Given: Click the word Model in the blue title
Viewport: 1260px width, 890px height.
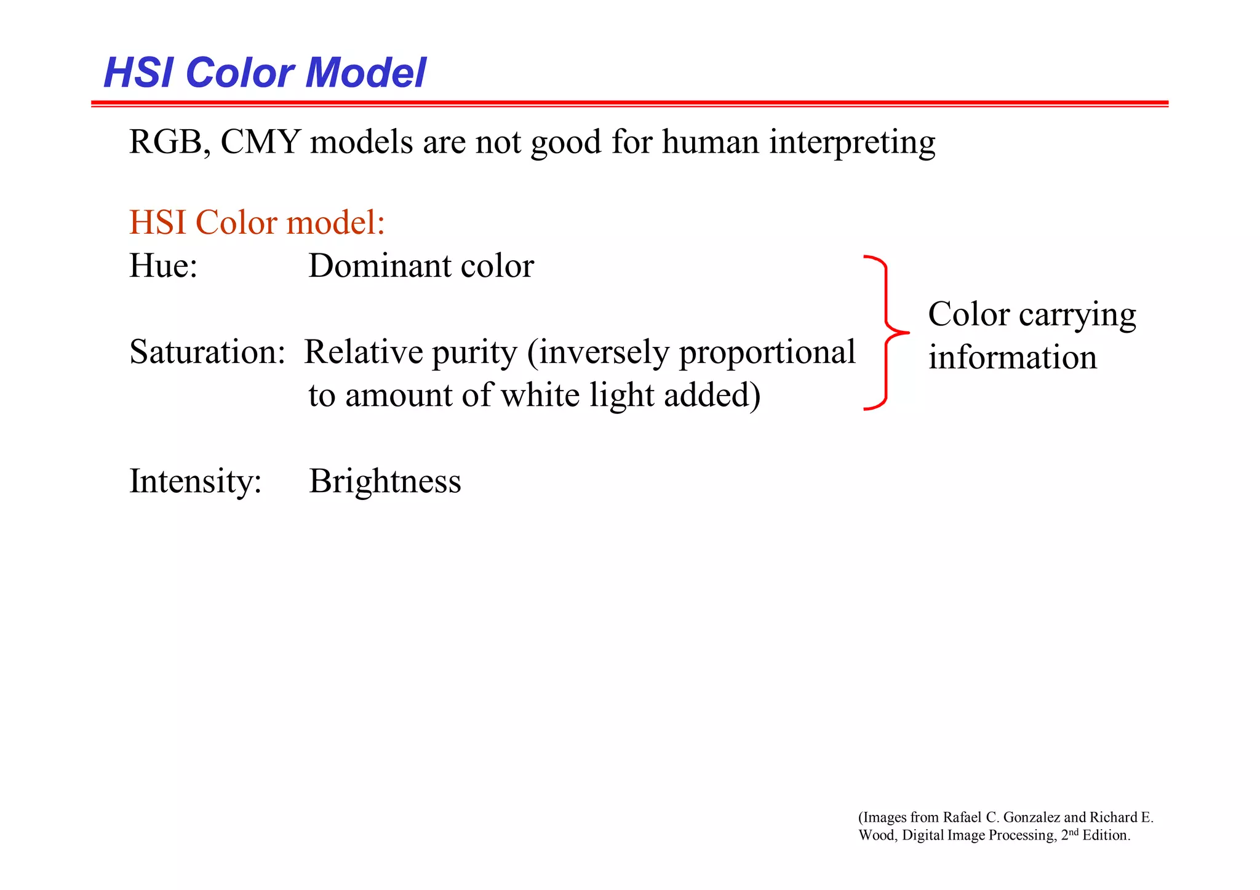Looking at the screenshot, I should click(365, 73).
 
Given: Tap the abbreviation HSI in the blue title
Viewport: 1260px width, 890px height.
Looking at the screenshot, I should click(140, 73).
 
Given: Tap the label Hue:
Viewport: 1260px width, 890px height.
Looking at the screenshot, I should click(163, 266).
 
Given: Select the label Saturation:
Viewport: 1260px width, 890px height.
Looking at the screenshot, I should click(207, 352).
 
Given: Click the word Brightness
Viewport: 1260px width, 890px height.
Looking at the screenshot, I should click(385, 482).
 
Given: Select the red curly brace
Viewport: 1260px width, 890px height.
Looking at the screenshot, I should click(887, 333).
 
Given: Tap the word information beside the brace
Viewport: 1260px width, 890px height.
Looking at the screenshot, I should click(1013, 357).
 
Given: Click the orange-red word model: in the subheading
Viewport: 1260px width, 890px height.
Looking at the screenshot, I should click(335, 222).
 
